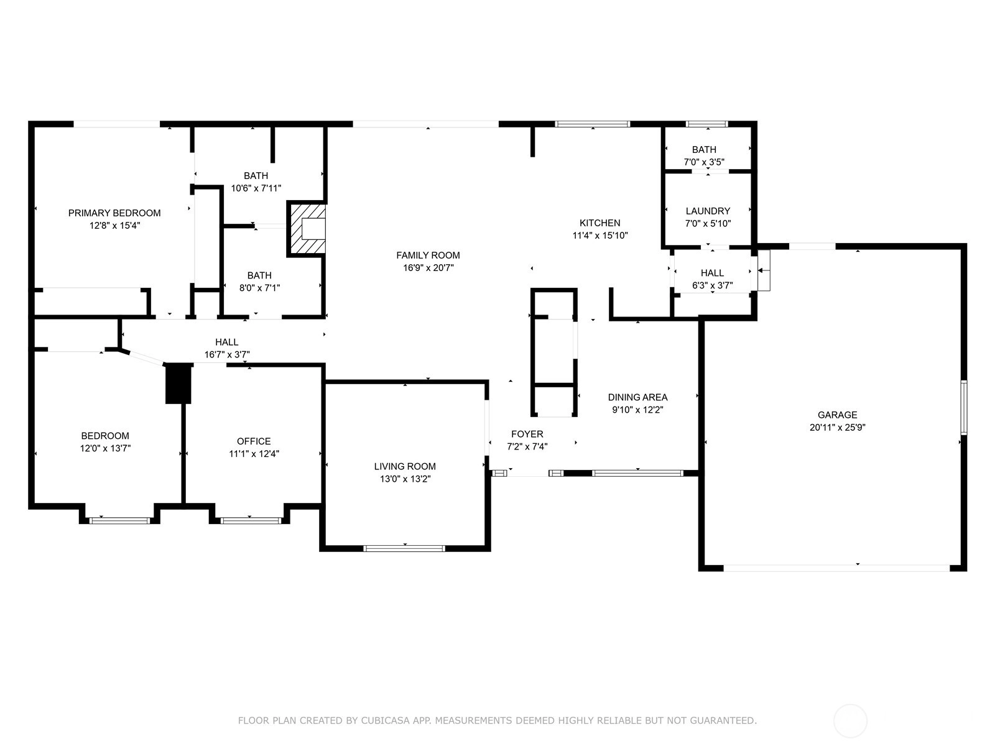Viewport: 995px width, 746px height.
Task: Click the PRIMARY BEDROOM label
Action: (114, 213)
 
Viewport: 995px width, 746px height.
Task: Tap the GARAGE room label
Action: (837, 415)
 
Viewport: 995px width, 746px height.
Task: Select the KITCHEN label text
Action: (599, 223)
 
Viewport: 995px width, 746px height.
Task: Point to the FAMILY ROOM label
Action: (428, 256)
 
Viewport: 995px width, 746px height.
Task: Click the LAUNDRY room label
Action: (708, 211)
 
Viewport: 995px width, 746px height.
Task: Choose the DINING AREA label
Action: (637, 397)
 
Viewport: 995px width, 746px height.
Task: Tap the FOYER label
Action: (527, 434)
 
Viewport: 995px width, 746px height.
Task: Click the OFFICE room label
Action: (253, 441)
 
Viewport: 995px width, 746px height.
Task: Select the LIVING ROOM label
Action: (405, 466)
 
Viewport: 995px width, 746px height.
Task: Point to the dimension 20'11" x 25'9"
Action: (837, 427)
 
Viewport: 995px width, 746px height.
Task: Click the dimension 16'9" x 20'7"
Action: (428, 268)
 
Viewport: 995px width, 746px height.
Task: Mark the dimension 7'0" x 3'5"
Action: (704, 162)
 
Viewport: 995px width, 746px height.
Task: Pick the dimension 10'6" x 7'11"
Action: (256, 188)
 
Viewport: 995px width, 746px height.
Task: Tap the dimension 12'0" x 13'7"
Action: (105, 448)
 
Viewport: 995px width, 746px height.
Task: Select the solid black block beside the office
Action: (178, 383)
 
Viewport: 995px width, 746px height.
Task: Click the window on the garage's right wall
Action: (964, 408)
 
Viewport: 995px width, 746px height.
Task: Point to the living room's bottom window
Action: (404, 548)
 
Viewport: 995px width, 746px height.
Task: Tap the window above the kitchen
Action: (593, 124)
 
